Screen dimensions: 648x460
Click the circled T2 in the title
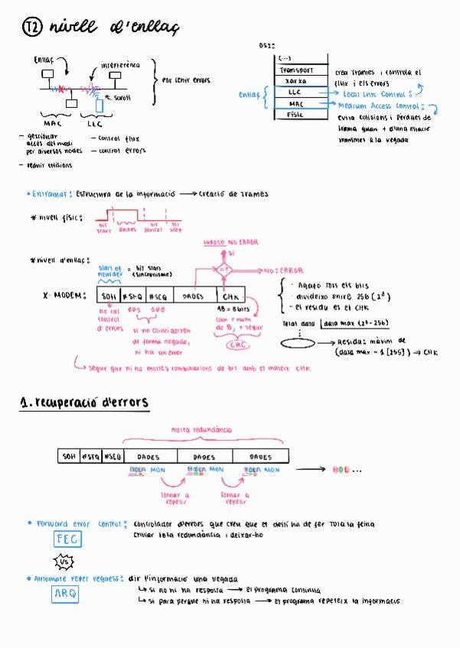tap(31, 28)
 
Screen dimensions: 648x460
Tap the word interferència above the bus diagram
tap(120, 65)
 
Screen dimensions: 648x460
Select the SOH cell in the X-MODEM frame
tap(108, 296)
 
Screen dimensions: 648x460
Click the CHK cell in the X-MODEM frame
tap(231, 296)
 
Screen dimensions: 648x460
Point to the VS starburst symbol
tap(66, 563)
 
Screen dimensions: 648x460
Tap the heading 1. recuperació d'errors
tap(84, 402)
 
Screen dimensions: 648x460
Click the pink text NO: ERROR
tap(283, 270)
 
